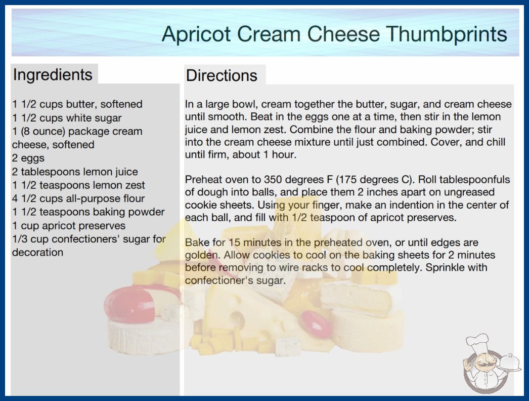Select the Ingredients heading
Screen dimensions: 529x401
point(53,75)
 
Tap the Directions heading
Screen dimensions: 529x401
point(222,75)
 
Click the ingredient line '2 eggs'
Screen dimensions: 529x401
point(28,158)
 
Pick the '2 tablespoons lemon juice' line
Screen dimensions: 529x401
point(75,172)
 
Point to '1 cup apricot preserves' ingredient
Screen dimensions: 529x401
point(69,226)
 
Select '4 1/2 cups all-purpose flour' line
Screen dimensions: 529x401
point(78,198)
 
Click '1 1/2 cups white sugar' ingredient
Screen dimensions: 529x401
point(67,118)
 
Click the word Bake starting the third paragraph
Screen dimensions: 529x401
point(197,243)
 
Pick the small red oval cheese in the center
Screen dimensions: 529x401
point(316,324)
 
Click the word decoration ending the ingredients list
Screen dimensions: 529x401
point(38,252)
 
